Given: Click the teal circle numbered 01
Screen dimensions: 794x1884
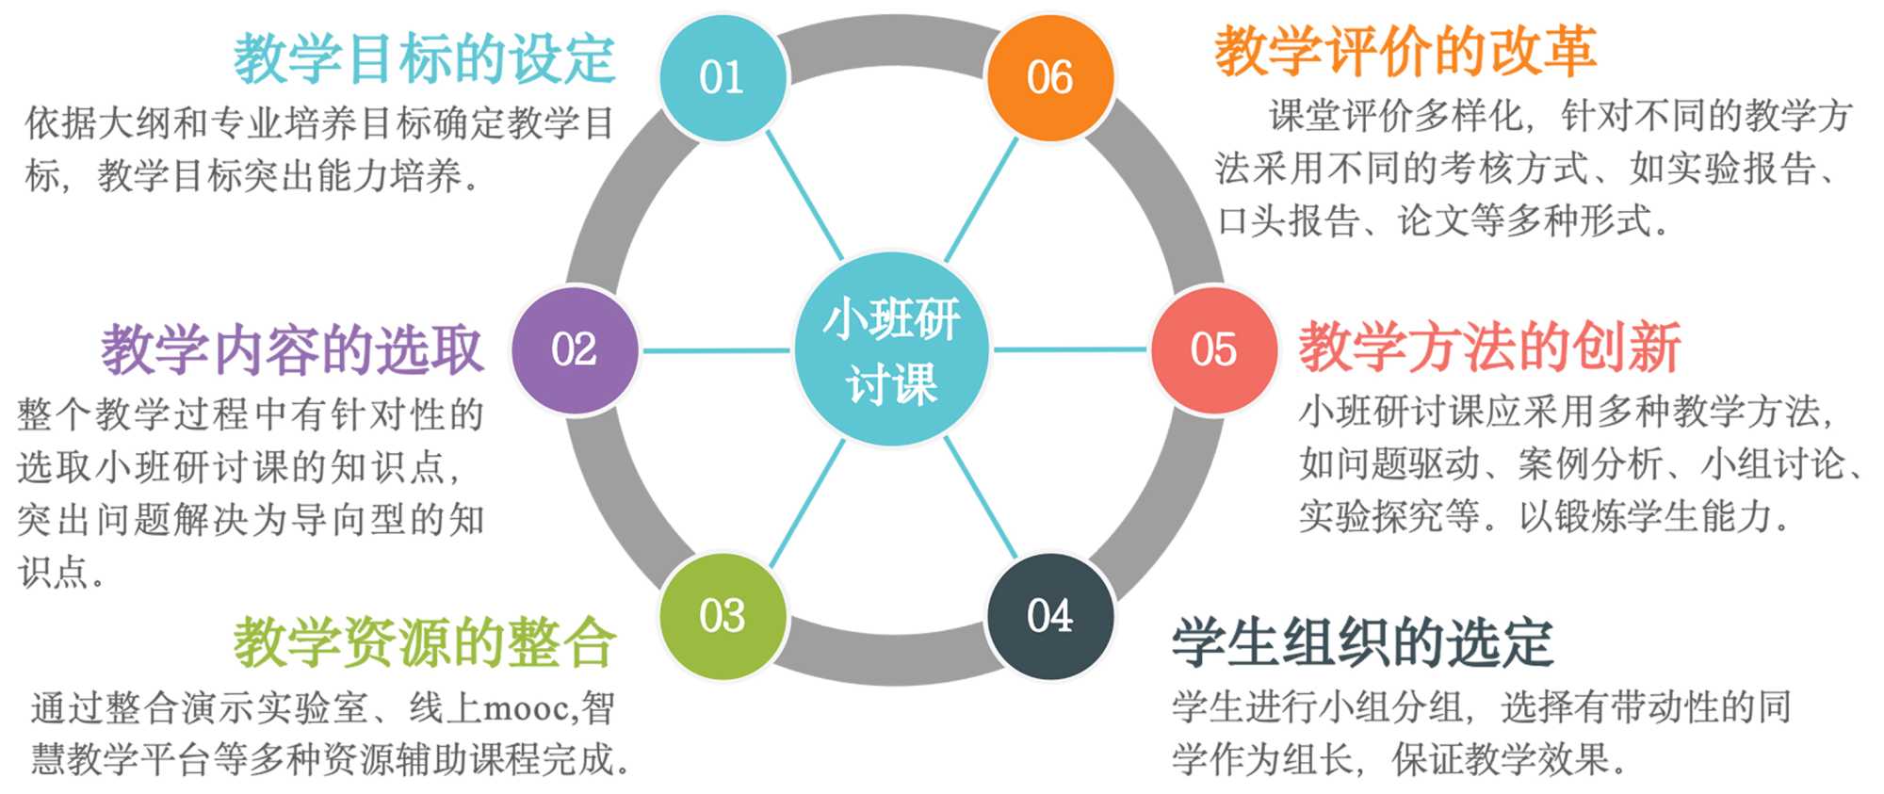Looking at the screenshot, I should coord(723,77).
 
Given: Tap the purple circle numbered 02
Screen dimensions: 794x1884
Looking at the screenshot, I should coord(575,349).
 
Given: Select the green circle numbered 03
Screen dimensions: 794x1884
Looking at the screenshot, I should coord(723,616).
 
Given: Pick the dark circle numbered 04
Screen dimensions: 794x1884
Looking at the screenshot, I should coord(1049,616).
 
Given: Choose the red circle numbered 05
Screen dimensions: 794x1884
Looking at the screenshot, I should coord(1213,349).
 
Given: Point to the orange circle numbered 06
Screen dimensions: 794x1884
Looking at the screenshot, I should coord(1049,77).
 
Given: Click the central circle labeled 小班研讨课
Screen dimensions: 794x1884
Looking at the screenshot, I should coord(891,349).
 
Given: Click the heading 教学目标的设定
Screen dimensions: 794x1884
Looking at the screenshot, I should coord(424,58).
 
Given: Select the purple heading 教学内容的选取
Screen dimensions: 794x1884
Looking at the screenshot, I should coord(292,349).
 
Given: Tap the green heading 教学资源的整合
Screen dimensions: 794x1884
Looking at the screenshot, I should coord(424,642).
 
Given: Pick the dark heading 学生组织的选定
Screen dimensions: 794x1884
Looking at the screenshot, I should coord(1362,642).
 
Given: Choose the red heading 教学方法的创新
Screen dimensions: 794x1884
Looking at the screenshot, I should coord(1490,347).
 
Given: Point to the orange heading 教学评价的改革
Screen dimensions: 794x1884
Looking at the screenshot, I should coord(1405,51).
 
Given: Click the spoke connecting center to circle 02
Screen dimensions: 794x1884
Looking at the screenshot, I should coord(716,350).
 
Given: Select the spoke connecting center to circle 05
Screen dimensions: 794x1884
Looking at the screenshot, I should coord(1072,349).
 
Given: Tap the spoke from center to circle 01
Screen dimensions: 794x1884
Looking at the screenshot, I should coord(805,195).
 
